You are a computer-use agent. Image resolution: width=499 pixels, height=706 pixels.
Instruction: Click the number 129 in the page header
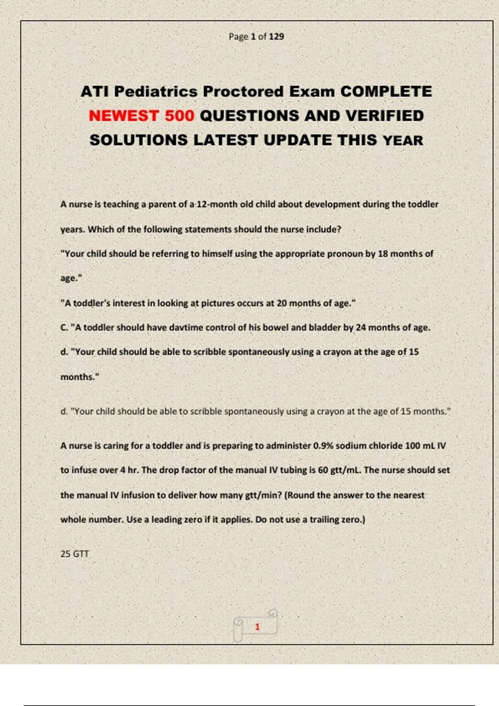[276, 37]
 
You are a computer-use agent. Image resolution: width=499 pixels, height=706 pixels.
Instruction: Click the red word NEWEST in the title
[124, 116]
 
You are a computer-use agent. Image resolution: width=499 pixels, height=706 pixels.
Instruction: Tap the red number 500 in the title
[179, 116]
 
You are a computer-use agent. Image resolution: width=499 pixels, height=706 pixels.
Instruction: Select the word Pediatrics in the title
[156, 92]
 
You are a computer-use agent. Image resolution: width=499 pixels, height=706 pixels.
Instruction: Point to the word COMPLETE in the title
[386, 92]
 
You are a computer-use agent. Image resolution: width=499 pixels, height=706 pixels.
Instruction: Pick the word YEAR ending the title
[403, 140]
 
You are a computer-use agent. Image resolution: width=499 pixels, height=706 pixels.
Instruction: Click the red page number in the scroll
[257, 627]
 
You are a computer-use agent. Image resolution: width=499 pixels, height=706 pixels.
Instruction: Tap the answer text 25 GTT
[74, 554]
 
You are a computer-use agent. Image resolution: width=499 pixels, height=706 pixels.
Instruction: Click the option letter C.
[64, 328]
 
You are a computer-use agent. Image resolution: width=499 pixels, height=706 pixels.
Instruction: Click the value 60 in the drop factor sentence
[323, 471]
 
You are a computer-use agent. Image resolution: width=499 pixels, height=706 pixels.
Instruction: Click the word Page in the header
[238, 37]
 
